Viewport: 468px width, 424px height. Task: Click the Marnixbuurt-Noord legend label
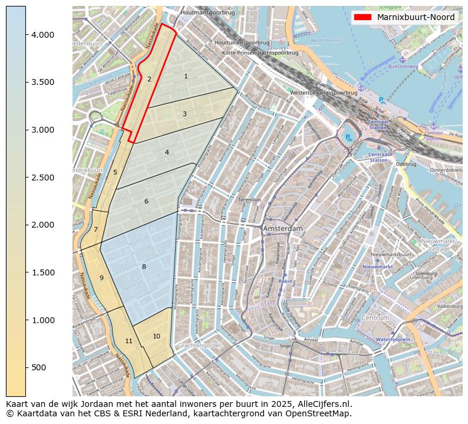click(416, 17)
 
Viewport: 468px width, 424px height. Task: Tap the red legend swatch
click(363, 17)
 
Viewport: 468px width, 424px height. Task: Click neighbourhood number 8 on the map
click(144, 267)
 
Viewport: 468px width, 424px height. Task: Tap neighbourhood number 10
click(156, 336)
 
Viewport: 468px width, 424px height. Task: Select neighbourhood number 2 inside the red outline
click(149, 78)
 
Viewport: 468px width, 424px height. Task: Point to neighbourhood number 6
click(146, 201)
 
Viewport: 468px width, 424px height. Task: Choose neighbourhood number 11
click(128, 341)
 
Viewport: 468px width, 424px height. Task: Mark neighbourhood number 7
click(95, 229)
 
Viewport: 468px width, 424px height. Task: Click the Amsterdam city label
click(283, 228)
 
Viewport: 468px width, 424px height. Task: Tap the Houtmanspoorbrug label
click(208, 12)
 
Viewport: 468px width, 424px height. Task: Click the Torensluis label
click(250, 200)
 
